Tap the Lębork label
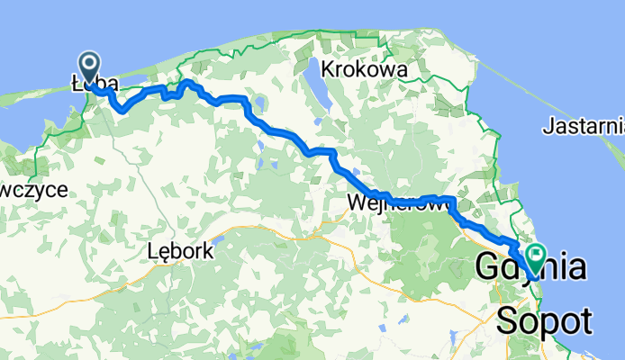pos(180,253)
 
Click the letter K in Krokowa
pos(328,69)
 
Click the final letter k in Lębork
pos(209,253)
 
